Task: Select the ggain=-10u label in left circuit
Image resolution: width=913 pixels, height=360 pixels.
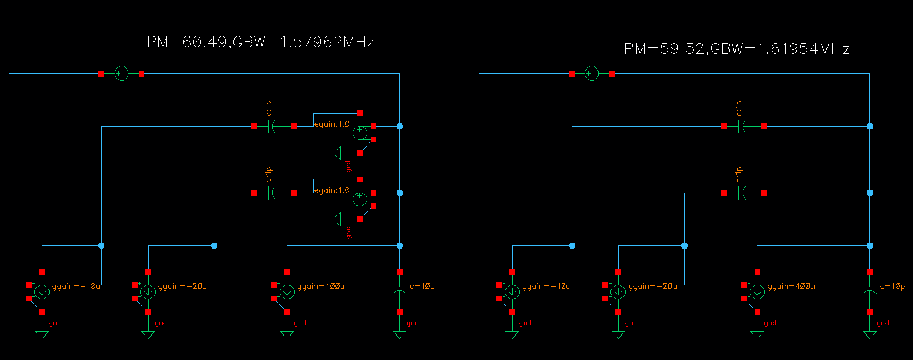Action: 76,287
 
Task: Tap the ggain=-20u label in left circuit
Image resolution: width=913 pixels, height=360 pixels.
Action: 182,287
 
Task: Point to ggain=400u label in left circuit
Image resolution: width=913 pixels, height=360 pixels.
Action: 320,287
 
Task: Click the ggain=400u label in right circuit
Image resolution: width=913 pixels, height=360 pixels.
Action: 791,287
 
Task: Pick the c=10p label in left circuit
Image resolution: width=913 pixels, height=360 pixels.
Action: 422,287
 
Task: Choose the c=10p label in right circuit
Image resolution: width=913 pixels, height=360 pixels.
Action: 892,287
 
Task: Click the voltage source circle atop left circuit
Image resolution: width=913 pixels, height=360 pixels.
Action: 121,73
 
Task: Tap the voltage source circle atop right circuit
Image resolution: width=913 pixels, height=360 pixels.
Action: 591,73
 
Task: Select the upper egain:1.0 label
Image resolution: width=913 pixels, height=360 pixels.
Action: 332,125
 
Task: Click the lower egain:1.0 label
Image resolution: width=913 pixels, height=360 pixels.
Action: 332,191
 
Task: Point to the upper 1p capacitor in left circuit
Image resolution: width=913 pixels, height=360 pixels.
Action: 273,126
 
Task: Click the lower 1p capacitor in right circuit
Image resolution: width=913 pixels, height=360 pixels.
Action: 743,193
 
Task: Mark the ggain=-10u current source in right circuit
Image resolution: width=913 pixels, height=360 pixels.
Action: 512,292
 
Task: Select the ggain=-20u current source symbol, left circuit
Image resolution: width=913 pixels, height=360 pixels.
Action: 148,292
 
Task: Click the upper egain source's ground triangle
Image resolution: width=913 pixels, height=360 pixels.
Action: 338,153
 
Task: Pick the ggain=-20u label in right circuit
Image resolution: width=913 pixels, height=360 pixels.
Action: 652,287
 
